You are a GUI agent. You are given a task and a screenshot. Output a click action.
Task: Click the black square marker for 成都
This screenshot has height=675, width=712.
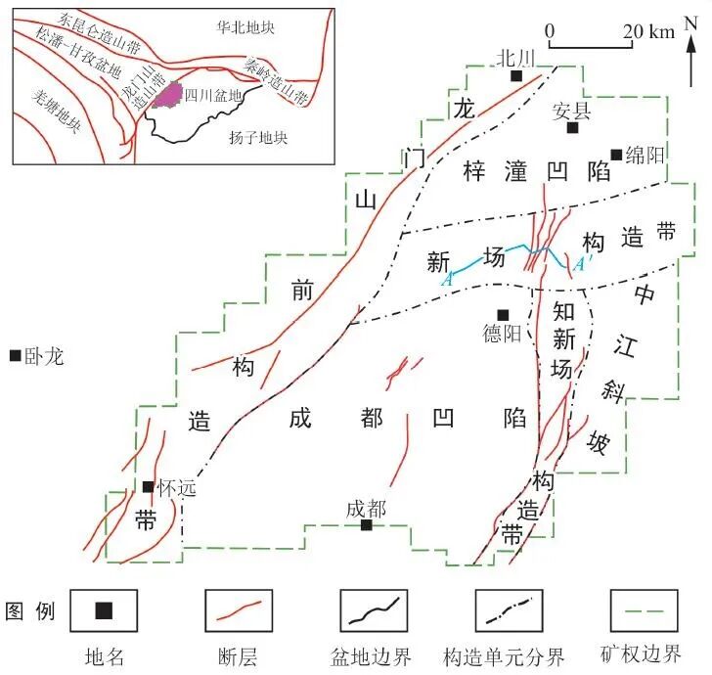[x=366, y=525]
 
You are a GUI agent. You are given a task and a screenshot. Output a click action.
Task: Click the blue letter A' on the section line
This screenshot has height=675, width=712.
[x=579, y=265]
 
